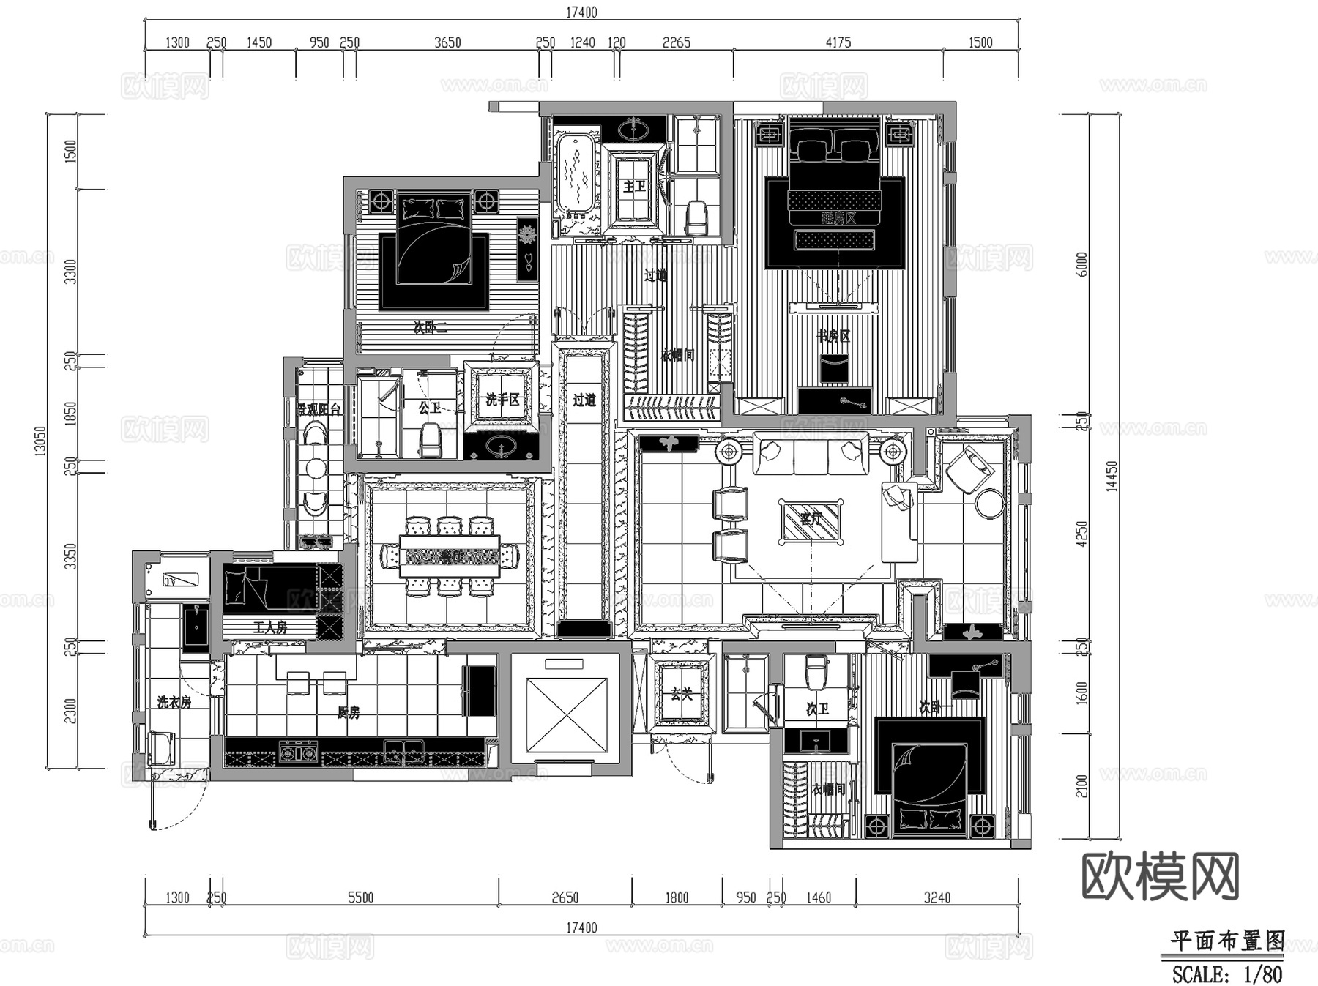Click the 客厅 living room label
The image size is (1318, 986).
[811, 519]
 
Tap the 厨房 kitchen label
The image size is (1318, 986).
[349, 712]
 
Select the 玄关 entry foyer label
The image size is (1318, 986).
[682, 693]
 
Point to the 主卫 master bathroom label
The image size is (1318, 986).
[635, 187]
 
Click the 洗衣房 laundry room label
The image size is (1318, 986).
[174, 702]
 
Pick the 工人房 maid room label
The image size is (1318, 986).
[270, 627]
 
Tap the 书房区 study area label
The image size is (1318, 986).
[834, 336]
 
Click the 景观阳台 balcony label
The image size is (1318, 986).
[319, 409]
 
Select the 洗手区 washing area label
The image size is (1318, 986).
[502, 400]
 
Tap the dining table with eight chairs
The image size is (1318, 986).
[450, 556]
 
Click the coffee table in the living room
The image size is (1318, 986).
[811, 522]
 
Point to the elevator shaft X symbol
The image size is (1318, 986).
[567, 714]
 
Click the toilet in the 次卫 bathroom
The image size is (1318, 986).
[816, 671]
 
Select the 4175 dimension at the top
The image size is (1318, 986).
[838, 42]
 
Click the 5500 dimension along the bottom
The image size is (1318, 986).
[360, 897]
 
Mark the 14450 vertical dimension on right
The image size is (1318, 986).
[1112, 476]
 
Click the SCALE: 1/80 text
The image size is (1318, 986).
[1226, 974]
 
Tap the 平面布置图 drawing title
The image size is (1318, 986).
[1226, 941]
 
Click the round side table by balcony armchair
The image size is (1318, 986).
[990, 504]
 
